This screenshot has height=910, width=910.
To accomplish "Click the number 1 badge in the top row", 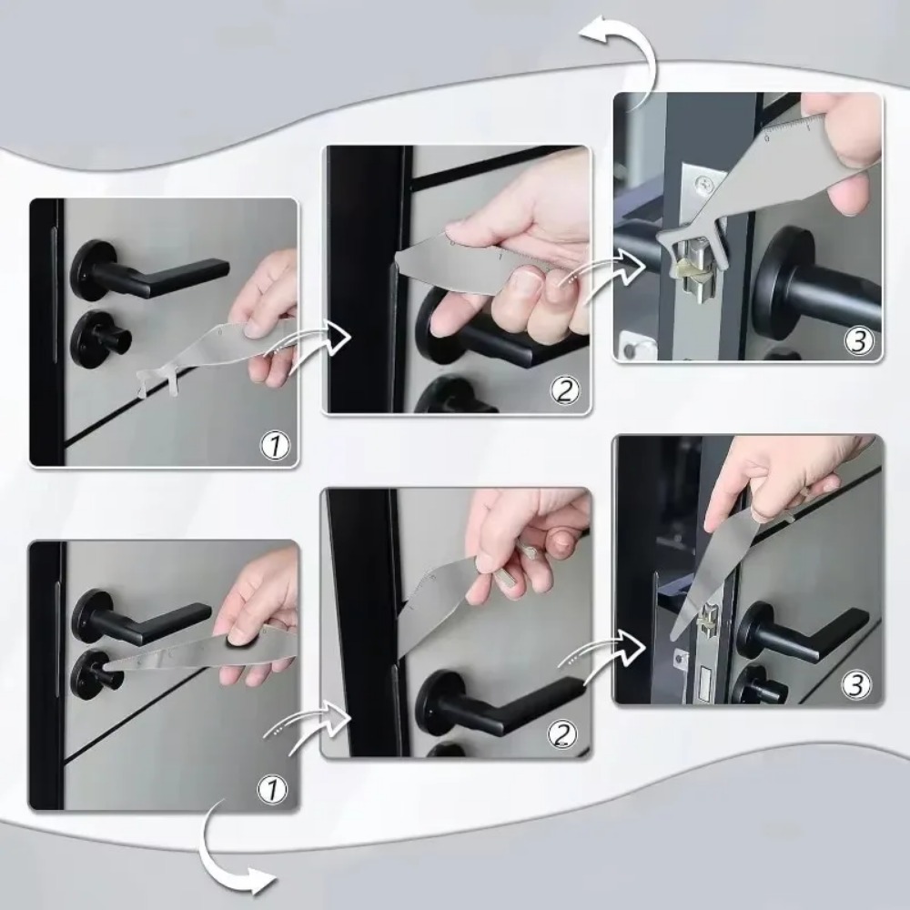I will point(275,446).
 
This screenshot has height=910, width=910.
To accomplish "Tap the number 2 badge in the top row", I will point(565,391).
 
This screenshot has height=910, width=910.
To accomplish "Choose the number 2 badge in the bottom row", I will point(564,734).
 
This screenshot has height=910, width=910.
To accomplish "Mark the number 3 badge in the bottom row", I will point(856,684).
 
